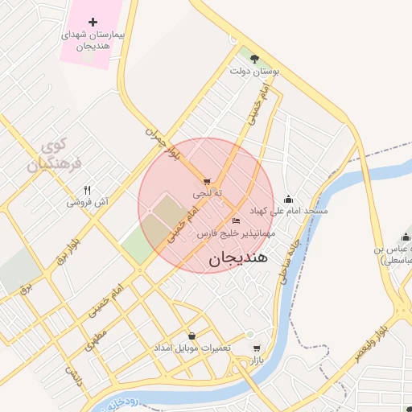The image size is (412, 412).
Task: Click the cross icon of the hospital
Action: click(93, 22)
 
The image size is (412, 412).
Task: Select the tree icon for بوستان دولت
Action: click(255, 58)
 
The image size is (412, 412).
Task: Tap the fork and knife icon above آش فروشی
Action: click(88, 190)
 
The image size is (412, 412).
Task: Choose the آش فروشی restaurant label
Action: click(88, 203)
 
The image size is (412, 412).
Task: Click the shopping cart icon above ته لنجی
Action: click(208, 182)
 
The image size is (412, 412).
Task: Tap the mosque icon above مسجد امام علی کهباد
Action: click(289, 199)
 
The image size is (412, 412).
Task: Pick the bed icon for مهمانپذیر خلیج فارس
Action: click(236, 220)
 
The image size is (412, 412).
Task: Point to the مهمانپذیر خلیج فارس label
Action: click(237, 233)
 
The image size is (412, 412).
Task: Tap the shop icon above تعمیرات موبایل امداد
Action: click(192, 336)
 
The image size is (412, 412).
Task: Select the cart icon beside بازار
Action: click(257, 349)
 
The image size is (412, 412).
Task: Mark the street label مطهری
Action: click(97, 339)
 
